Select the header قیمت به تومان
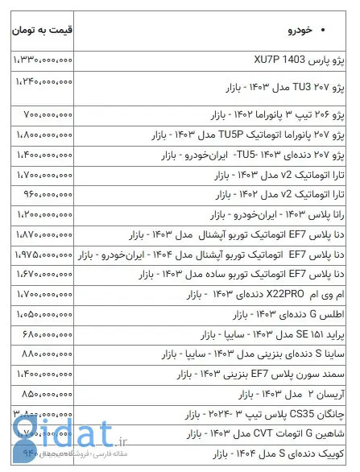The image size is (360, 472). [x=43, y=32]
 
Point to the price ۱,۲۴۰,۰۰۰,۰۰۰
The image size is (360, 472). [x=44, y=81]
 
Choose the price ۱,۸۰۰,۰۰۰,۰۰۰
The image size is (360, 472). [x=43, y=133]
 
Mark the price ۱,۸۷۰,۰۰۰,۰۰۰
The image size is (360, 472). [x=43, y=234]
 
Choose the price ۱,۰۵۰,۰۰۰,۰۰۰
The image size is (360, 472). [x=43, y=315]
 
